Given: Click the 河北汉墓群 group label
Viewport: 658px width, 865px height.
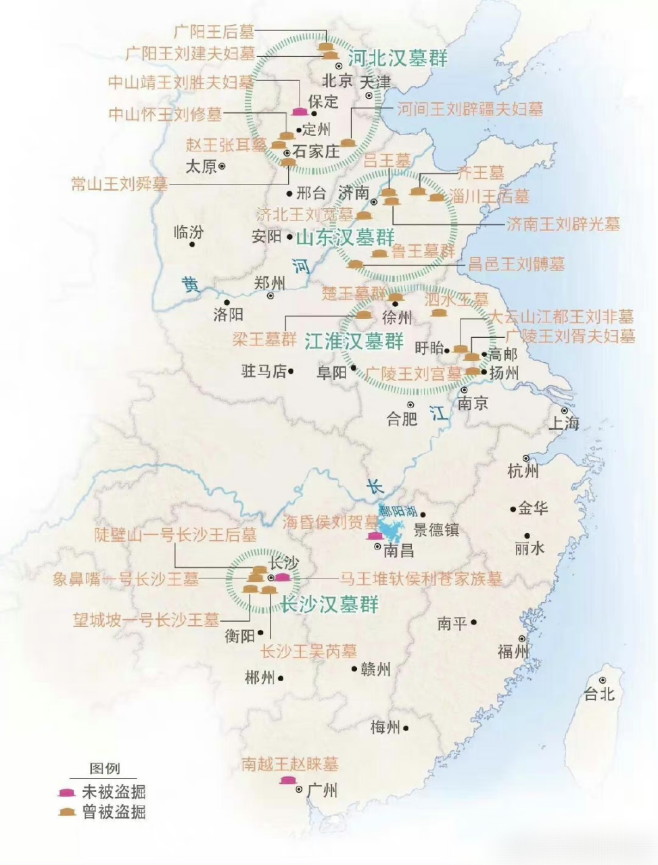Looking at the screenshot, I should tap(398, 58).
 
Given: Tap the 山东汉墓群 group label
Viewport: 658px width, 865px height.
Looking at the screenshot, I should tap(346, 238).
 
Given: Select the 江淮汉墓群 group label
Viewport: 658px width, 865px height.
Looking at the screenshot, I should tap(354, 341).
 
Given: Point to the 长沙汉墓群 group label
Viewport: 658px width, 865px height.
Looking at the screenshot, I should tap(329, 604).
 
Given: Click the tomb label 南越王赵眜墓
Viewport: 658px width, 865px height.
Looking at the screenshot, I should tap(289, 764).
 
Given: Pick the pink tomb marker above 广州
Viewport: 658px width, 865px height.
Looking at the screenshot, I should tap(287, 781).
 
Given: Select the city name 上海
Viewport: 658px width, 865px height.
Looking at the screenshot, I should tap(563, 424).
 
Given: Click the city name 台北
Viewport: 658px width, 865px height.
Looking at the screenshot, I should tap(599, 693).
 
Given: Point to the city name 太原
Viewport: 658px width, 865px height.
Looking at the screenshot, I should tap(201, 166).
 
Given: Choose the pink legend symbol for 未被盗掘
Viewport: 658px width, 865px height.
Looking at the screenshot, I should tap(66, 791).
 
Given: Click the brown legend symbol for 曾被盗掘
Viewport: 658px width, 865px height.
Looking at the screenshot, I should tap(66, 812).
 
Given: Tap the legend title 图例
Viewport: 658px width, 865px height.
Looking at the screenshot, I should tap(105, 769).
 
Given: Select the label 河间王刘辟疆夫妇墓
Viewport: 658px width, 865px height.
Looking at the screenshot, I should tap(469, 109).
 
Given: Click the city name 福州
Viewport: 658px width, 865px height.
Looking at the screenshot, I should tap(513, 651).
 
